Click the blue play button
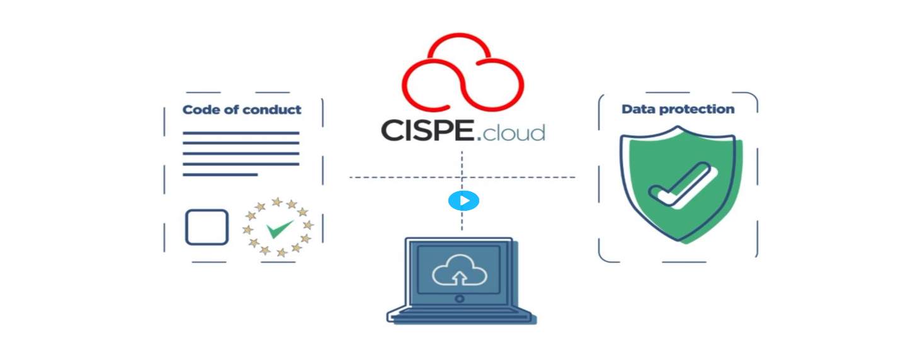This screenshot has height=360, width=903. (463, 201)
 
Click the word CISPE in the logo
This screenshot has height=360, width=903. (428, 130)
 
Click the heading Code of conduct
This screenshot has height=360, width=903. (242, 110)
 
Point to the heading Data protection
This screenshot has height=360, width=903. (678, 109)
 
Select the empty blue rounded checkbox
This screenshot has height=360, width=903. (207, 227)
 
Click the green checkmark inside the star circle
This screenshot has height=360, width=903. (279, 228)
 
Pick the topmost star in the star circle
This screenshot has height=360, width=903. (276, 201)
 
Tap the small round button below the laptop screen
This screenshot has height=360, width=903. (460, 298)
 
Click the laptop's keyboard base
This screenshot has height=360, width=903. (460, 314)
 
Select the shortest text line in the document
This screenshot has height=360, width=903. (220, 174)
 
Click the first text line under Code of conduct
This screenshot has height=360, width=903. (241, 133)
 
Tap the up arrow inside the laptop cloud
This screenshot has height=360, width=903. (460, 275)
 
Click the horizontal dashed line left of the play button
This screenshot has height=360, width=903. (397, 177)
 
